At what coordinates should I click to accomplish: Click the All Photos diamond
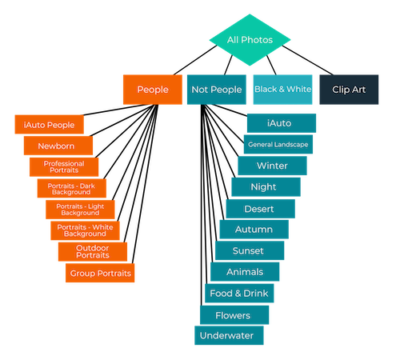[250, 40]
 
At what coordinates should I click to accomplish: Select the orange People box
[153, 90]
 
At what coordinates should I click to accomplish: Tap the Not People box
[217, 90]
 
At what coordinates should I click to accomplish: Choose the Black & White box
[282, 90]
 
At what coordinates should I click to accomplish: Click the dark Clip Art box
[349, 90]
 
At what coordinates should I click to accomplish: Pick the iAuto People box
[50, 124]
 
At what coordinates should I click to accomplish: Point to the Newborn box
[58, 146]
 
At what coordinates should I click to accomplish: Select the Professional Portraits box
[64, 167]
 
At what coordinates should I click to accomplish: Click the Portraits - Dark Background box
[72, 188]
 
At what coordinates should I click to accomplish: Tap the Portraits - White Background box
[85, 230]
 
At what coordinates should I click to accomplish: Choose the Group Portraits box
[100, 273]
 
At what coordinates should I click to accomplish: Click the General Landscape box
[278, 144]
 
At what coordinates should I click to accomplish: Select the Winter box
[272, 166]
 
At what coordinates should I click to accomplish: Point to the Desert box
[261, 209]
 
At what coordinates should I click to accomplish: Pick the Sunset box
[250, 250]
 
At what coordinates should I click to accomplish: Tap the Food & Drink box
[239, 294]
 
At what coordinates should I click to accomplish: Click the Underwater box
[229, 335]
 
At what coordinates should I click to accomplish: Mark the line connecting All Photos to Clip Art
[307, 60]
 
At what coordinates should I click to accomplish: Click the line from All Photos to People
[195, 60]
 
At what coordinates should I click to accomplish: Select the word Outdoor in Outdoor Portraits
[92, 248]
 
